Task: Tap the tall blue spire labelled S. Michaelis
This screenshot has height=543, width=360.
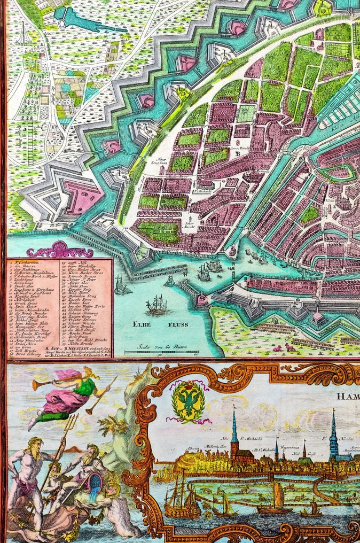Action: click(234, 428)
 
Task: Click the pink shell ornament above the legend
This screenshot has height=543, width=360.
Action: click(60, 250)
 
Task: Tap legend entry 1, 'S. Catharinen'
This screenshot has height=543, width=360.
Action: click(27, 263)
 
